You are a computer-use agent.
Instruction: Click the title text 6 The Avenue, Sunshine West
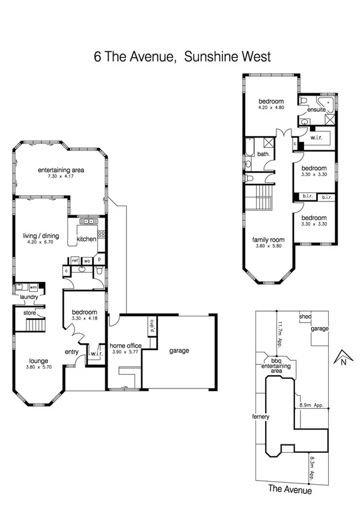[183, 57]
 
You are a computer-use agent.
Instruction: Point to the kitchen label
[86, 239]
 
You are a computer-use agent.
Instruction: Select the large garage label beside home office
[179, 350]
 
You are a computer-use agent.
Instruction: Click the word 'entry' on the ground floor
[72, 352]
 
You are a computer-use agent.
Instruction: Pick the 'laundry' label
[29, 297]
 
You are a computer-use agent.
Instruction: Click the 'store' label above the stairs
[29, 313]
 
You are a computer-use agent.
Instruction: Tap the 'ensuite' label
[316, 111]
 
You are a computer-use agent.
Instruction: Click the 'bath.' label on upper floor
[263, 154]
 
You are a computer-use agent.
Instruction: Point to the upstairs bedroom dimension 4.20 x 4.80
[271, 108]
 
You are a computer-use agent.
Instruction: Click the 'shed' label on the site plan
[305, 315]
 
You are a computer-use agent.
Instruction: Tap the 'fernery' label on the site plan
[261, 416]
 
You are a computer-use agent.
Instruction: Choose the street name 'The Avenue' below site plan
[290, 490]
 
